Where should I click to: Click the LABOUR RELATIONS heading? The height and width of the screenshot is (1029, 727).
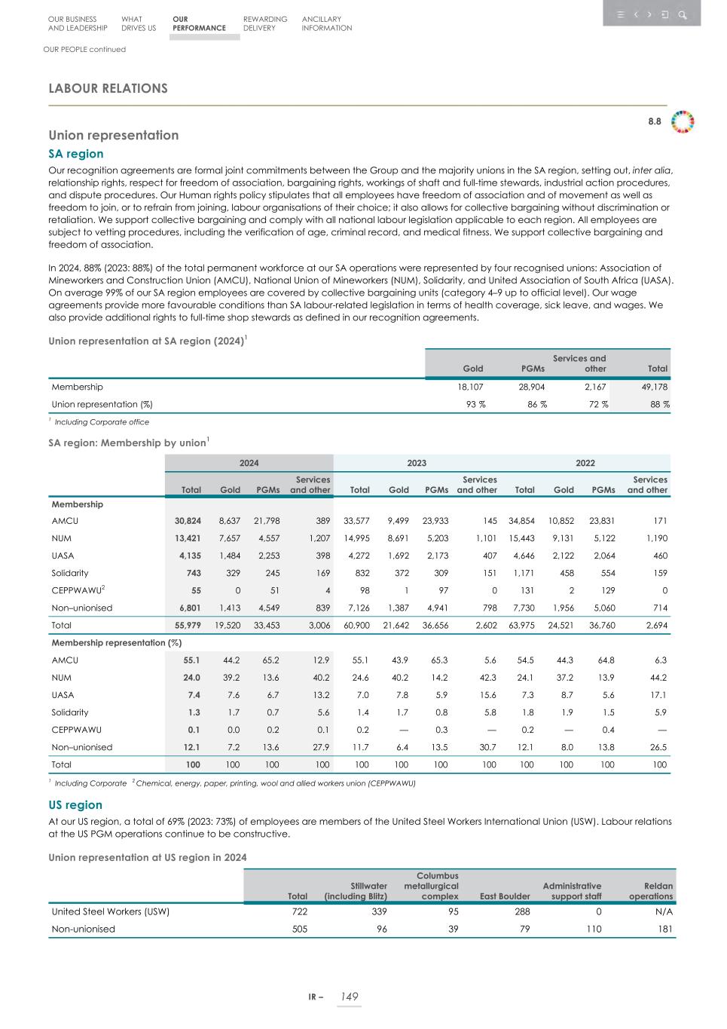tap(108, 88)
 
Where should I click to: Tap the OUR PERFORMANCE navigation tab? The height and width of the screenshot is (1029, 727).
tap(198, 23)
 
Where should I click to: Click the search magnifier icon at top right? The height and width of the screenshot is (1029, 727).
tap(682, 14)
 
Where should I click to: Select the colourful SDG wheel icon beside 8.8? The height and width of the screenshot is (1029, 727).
tap(683, 121)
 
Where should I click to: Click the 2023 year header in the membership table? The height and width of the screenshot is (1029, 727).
tap(417, 463)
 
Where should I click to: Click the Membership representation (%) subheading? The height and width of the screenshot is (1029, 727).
tap(116, 642)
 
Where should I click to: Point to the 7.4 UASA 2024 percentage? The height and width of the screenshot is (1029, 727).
tap(192, 695)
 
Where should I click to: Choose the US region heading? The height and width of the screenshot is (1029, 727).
tap(75, 805)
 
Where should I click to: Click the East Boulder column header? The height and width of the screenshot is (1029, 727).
tap(505, 896)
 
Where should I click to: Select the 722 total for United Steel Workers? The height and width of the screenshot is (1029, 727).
tap(298, 911)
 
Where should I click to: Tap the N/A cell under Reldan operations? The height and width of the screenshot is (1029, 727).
tap(664, 911)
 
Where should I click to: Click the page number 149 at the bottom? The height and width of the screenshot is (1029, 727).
tap(349, 997)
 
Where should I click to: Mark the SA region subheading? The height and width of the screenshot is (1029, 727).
tap(76, 154)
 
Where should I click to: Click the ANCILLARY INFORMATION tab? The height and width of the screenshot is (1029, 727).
tap(326, 23)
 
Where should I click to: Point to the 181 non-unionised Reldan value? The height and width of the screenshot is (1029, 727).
tap(665, 929)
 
